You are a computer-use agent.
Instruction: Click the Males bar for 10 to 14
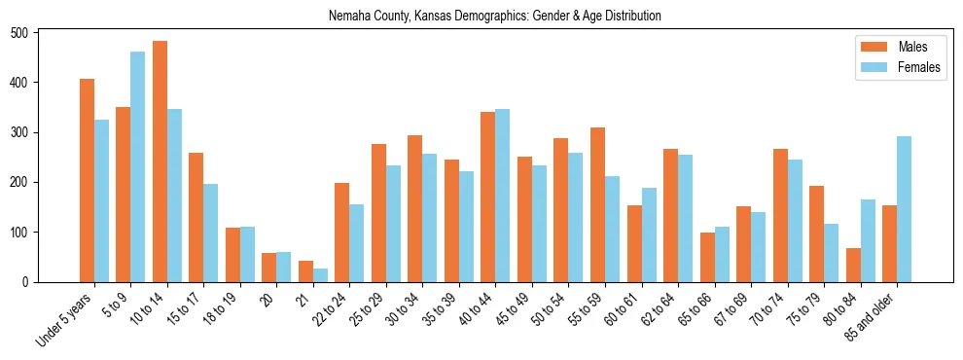tap(160, 162)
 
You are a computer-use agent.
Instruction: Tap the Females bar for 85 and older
tap(904, 209)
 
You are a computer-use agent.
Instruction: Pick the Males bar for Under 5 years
tap(87, 180)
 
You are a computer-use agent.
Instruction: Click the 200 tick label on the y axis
tap(26, 183)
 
